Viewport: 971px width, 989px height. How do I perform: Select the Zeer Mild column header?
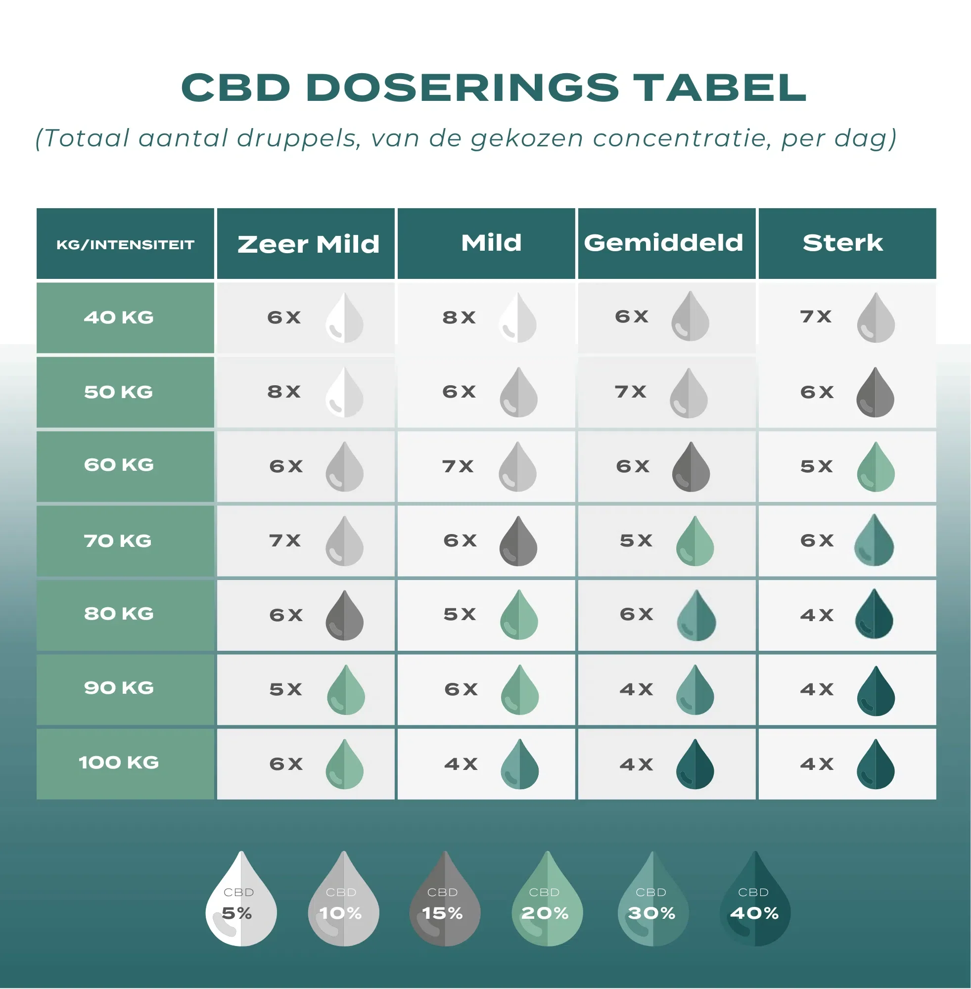click(x=308, y=244)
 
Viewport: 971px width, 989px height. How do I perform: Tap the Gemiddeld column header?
click(x=663, y=243)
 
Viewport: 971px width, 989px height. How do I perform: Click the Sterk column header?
click(x=842, y=243)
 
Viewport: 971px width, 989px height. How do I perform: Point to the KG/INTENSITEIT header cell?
click(x=125, y=244)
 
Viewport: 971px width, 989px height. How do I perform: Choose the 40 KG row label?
click(x=119, y=317)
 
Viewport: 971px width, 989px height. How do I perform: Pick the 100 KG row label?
click(x=119, y=762)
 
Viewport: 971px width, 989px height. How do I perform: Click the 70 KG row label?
click(x=118, y=540)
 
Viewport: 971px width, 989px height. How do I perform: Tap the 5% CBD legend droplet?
click(x=241, y=900)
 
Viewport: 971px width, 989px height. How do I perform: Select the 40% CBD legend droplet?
click(x=755, y=900)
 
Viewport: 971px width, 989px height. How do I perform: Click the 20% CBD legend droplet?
click(x=547, y=900)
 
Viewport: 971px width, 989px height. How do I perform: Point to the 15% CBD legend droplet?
click(x=445, y=900)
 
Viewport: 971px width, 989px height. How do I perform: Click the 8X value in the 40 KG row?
click(x=459, y=317)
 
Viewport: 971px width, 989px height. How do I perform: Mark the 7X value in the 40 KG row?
click(x=816, y=316)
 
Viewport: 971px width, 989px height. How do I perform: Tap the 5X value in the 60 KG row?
click(x=817, y=466)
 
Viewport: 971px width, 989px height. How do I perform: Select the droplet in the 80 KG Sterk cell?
click(x=874, y=614)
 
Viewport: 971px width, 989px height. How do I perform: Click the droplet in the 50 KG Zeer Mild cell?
click(x=344, y=393)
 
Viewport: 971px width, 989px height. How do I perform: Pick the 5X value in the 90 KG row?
click(x=285, y=689)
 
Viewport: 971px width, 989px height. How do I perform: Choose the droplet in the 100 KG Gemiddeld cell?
click(x=694, y=764)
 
